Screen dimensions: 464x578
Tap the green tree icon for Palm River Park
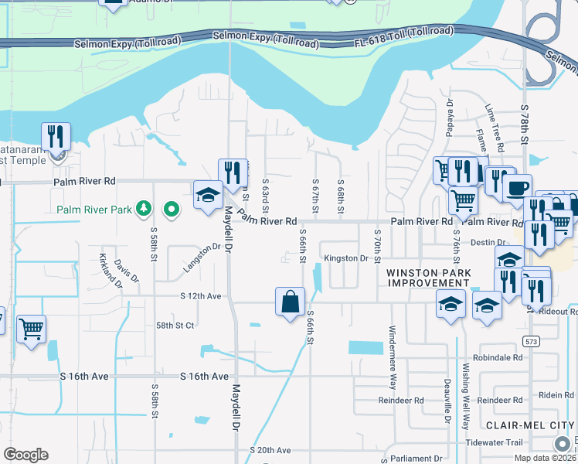click(x=143, y=208)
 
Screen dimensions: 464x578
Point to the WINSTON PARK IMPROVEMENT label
click(x=428, y=278)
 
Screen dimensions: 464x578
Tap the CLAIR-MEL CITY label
click(x=529, y=425)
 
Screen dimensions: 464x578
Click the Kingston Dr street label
click(x=346, y=258)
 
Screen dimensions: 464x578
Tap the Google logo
click(x=25, y=455)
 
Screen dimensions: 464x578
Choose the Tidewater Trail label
click(x=495, y=442)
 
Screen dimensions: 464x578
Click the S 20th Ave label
click(x=270, y=450)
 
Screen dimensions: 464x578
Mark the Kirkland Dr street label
click(x=110, y=270)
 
